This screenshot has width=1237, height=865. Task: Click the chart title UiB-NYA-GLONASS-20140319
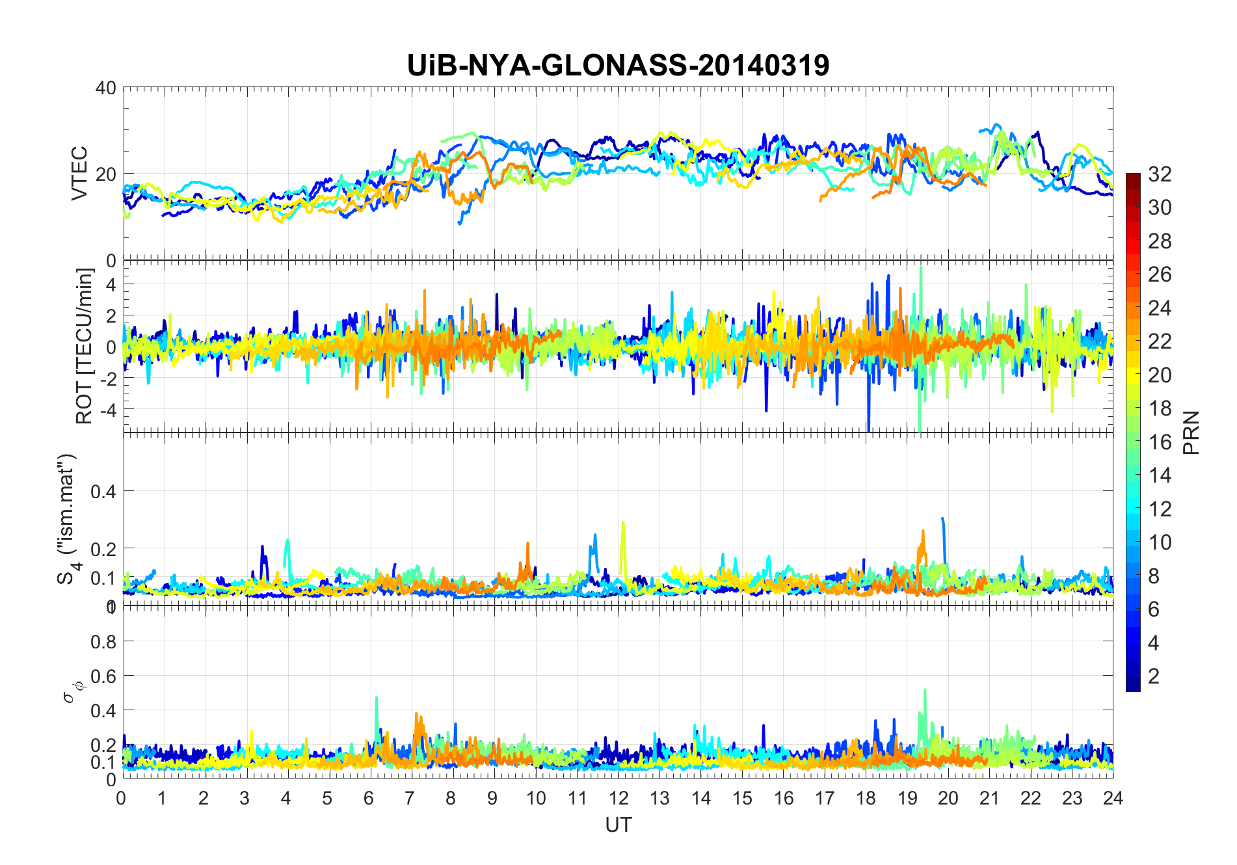point(618,65)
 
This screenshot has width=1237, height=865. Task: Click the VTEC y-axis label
point(79,174)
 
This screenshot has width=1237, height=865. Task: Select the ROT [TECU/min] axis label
point(85,346)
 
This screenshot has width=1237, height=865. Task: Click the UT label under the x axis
point(618,825)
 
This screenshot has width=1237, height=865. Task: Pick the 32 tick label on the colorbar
point(1160,174)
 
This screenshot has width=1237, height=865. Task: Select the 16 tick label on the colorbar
point(1160,442)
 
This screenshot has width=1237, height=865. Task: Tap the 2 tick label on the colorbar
point(1154,676)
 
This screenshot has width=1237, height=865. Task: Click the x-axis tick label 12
point(618,798)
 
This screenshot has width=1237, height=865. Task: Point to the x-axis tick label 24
point(1113,798)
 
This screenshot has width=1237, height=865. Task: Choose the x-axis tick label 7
point(410,798)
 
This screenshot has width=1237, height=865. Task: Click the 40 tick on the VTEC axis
point(105,88)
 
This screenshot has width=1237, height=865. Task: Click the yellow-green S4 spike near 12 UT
point(623,524)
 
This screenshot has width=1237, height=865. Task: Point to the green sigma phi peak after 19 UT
point(925,692)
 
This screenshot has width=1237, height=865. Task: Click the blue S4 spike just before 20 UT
point(943,520)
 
